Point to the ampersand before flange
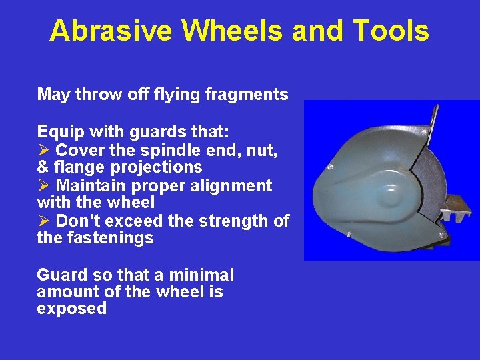(43, 167)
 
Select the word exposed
(71, 309)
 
